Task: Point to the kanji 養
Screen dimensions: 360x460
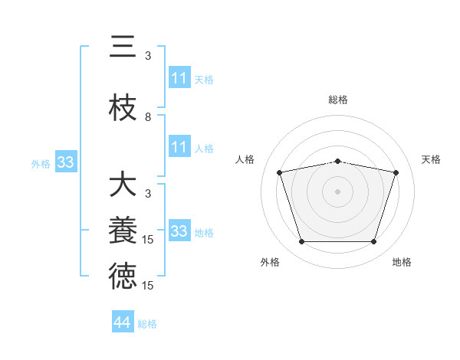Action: tap(123, 231)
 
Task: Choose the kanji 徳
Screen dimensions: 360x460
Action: tap(123, 277)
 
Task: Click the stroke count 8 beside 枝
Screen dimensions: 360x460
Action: tap(148, 117)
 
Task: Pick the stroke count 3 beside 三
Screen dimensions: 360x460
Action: tap(148, 56)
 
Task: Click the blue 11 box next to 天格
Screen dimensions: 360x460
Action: tap(179, 78)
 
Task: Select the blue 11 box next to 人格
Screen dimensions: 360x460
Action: tap(179, 147)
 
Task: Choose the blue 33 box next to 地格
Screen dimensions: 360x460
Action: tap(179, 231)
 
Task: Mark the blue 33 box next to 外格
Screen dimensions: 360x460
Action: tap(65, 162)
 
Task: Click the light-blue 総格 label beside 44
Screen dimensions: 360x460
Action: tap(148, 324)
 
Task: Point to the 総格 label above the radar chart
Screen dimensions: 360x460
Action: tap(338, 100)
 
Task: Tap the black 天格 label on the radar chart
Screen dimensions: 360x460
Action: tap(432, 159)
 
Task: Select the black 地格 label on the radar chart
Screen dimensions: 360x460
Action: tap(402, 262)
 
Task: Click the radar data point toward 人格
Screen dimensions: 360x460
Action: tap(280, 172)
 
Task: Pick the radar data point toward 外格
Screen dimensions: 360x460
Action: tap(301, 242)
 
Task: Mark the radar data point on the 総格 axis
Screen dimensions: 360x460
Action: tap(338, 161)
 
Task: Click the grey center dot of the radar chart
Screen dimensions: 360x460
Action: tap(338, 191)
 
